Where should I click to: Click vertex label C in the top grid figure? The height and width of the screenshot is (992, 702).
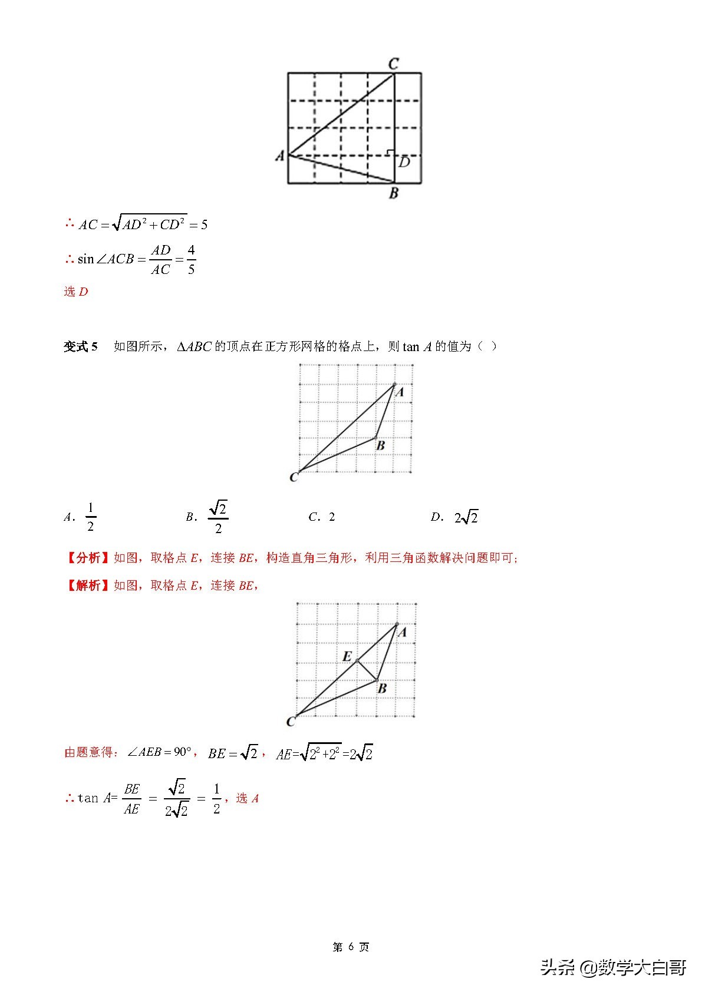pos(394,63)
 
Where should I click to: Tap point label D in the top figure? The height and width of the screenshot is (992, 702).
pos(404,162)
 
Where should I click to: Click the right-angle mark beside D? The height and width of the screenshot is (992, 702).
pos(390,153)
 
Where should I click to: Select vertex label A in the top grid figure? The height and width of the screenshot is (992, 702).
pos(280,156)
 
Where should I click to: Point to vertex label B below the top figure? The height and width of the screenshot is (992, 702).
pos(394,193)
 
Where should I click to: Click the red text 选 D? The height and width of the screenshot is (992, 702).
pos(75,292)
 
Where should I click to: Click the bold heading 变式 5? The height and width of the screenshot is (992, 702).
pos(81,346)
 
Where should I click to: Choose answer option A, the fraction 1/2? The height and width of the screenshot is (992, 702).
pos(90,517)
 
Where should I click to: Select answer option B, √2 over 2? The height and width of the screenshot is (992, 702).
pos(217,517)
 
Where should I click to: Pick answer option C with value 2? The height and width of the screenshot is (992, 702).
pos(331,517)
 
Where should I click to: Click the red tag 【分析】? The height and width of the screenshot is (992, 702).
pos(88,558)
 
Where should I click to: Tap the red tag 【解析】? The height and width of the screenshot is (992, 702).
pos(88,585)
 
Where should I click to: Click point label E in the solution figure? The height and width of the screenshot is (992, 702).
pos(347,656)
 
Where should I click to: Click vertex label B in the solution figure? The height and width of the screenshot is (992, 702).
pos(382,688)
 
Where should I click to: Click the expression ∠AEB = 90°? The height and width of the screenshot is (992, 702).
pos(160,752)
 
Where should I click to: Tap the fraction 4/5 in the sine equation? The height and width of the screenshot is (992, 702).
pos(191,260)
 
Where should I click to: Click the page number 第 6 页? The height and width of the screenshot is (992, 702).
pos(351,947)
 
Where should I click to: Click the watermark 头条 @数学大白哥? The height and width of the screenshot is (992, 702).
pos(613,967)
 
